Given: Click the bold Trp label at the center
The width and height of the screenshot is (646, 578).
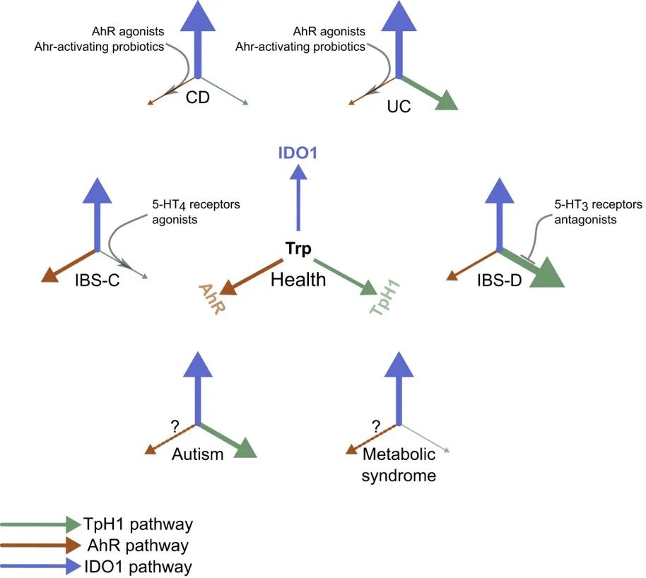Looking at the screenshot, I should (298, 249).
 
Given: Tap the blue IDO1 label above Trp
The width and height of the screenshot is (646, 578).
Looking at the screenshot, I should (298, 151).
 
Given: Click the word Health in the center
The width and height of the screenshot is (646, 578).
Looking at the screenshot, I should (298, 279).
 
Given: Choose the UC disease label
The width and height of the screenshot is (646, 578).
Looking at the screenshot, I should (399, 107).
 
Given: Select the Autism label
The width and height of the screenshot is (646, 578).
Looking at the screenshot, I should (198, 454).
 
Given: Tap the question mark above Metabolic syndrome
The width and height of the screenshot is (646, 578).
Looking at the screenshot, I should (375, 425).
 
